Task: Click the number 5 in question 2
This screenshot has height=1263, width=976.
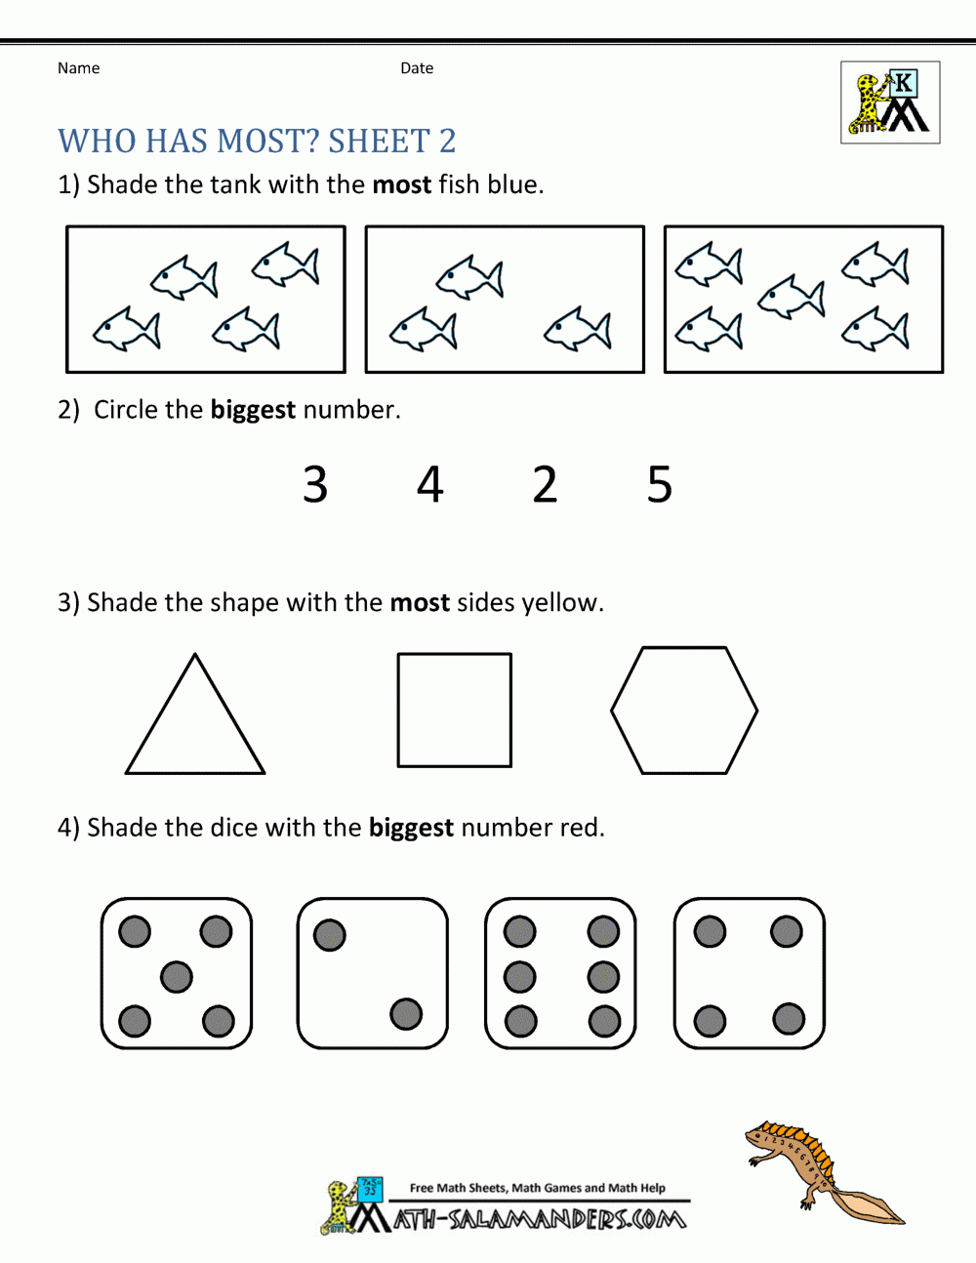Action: pos(660,485)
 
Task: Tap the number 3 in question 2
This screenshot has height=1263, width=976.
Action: pos(315,485)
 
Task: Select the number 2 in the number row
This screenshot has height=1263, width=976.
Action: pos(545,485)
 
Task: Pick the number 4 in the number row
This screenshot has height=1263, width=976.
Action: pos(429,485)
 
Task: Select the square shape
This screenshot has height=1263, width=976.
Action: pos(454,710)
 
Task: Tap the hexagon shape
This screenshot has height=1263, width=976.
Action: pos(684,710)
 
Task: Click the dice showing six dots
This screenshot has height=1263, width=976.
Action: pos(560,974)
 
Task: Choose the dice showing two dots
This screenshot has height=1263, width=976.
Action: pos(372,974)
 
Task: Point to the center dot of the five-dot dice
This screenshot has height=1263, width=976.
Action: pos(177,976)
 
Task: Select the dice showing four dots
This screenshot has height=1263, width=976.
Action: pos(749,974)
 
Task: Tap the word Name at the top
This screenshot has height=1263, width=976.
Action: pos(78,68)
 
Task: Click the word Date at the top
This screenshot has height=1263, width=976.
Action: pos(417,68)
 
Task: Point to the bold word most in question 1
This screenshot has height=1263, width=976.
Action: pos(401,184)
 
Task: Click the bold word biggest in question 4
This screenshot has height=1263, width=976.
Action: pos(411,828)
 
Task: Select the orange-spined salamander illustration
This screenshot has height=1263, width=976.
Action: pos(820,1171)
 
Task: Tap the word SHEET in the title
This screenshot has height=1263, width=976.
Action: pos(379,142)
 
